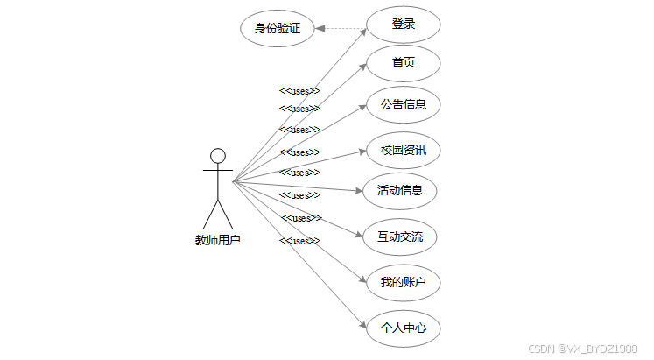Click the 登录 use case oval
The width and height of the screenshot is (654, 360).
(x=403, y=25)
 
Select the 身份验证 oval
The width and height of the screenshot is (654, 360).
(x=277, y=28)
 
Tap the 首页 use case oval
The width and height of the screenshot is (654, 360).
(x=403, y=63)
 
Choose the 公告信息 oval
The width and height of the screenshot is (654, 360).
(x=403, y=104)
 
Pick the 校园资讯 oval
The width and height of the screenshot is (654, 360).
(x=403, y=150)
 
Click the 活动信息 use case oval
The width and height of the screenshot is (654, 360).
(x=399, y=190)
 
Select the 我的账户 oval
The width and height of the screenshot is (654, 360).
(x=403, y=283)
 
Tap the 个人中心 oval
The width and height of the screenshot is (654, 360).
(x=403, y=329)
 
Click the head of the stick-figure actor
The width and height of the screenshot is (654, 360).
(x=218, y=156)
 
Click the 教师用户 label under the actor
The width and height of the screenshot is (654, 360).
(x=218, y=239)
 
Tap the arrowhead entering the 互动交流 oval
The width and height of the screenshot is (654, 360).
(x=359, y=235)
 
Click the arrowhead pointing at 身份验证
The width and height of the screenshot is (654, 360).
(x=320, y=28)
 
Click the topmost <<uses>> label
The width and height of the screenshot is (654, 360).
(x=299, y=91)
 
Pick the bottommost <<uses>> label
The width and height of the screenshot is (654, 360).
(x=299, y=241)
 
